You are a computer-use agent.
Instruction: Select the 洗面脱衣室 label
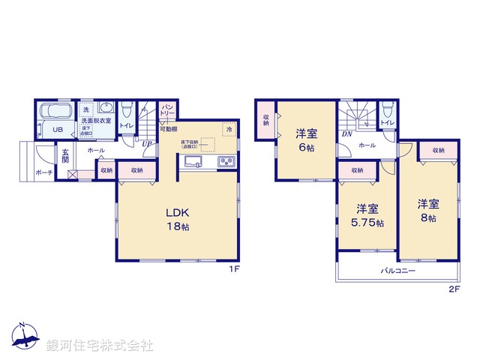coord(97,120)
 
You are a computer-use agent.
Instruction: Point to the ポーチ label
coord(43,172)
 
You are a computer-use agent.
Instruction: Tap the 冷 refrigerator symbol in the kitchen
coord(227,130)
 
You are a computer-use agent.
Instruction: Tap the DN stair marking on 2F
coord(346,134)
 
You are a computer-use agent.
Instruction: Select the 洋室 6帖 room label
coord(305,140)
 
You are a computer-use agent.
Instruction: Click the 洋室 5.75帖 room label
coord(367,214)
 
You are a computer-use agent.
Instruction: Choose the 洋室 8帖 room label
coord(428,210)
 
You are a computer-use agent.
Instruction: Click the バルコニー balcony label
coord(397,271)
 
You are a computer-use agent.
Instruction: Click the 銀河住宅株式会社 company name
coord(100,346)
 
